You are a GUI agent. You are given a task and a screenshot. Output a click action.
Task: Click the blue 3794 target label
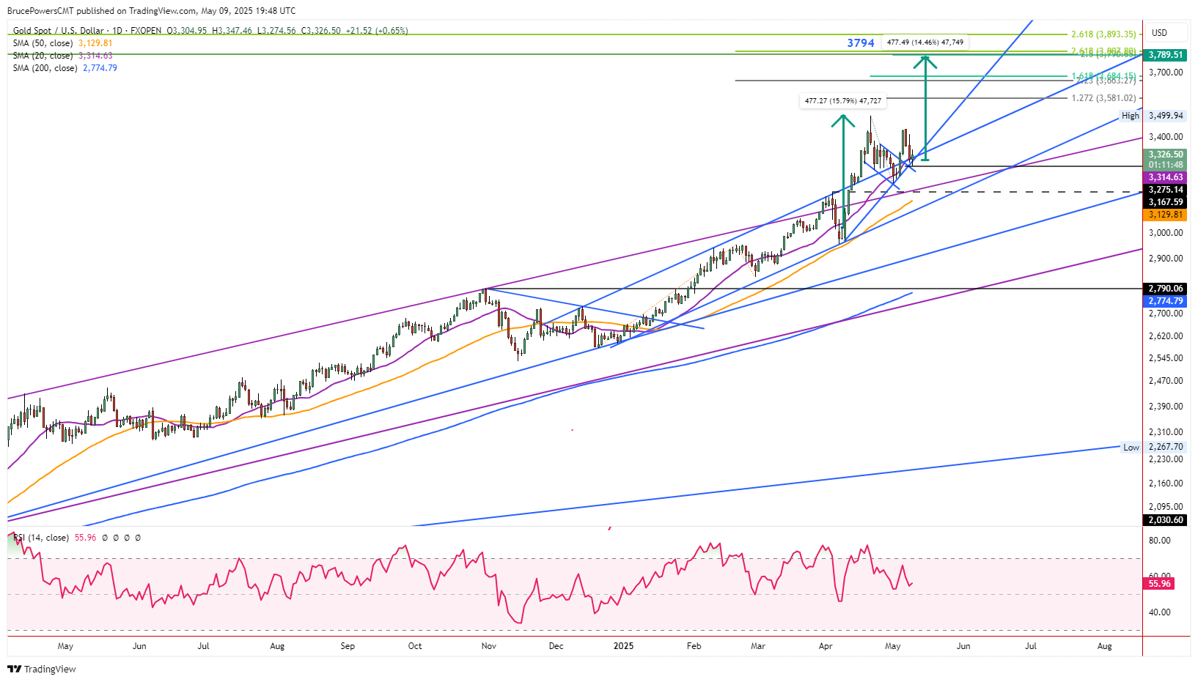click(x=860, y=43)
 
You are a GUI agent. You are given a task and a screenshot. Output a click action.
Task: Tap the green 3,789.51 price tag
click(x=1165, y=55)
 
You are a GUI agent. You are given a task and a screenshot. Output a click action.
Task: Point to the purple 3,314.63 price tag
click(x=1165, y=177)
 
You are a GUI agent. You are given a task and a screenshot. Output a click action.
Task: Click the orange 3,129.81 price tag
click(x=1165, y=215)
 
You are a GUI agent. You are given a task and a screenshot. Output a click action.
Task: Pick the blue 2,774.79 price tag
click(x=1165, y=301)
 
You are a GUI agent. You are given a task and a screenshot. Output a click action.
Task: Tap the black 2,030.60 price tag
click(x=1165, y=520)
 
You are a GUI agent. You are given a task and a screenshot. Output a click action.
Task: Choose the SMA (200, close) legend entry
click(x=65, y=68)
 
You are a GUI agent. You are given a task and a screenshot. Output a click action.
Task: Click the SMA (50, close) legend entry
click(x=62, y=43)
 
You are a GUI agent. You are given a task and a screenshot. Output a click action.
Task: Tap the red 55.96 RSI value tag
click(x=1159, y=584)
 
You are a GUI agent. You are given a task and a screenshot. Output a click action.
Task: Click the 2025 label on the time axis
click(x=623, y=646)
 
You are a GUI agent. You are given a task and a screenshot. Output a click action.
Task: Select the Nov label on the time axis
click(x=489, y=646)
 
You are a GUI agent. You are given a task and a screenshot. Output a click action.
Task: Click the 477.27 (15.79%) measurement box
click(x=843, y=101)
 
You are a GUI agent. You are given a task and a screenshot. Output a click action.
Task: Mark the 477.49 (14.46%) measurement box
click(x=925, y=42)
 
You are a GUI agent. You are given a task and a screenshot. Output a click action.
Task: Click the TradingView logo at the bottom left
click(x=42, y=669)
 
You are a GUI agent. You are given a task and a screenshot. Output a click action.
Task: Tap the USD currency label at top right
click(x=1159, y=33)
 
